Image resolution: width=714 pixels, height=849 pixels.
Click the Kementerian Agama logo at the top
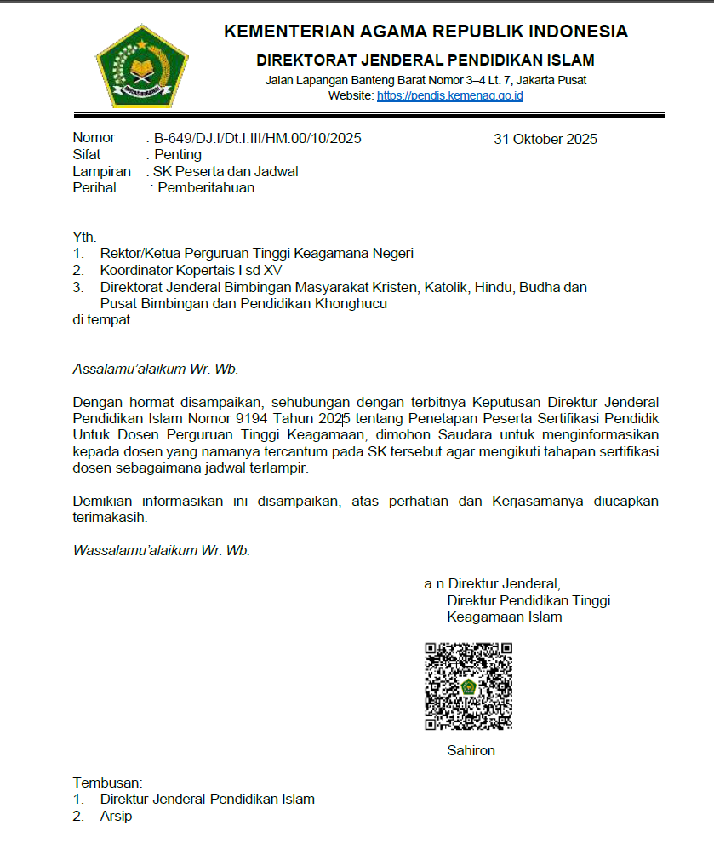click(x=141, y=65)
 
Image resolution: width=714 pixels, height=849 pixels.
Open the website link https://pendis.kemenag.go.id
click(x=449, y=95)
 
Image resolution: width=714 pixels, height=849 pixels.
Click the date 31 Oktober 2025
click(x=545, y=140)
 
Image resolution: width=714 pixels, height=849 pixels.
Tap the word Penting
click(x=178, y=155)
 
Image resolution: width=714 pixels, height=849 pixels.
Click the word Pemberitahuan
click(x=206, y=188)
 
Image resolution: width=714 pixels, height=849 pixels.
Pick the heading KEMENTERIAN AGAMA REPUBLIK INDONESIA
click(x=426, y=32)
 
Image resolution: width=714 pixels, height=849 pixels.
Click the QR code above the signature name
click(x=468, y=686)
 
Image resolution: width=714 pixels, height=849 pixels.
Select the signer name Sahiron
click(x=471, y=750)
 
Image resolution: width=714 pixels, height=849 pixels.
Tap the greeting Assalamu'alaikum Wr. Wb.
click(x=156, y=370)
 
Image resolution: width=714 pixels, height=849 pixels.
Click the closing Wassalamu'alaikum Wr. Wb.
click(x=162, y=550)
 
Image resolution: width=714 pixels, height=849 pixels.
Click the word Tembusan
click(x=107, y=783)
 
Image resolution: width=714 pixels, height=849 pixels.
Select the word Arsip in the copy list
click(x=116, y=817)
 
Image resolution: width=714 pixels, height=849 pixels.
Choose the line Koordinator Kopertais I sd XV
click(x=191, y=270)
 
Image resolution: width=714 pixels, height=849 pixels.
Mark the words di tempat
click(x=101, y=319)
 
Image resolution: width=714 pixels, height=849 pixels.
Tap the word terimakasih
click(x=110, y=517)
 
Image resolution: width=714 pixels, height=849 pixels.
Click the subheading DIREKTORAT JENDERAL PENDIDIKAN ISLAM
click(x=426, y=60)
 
